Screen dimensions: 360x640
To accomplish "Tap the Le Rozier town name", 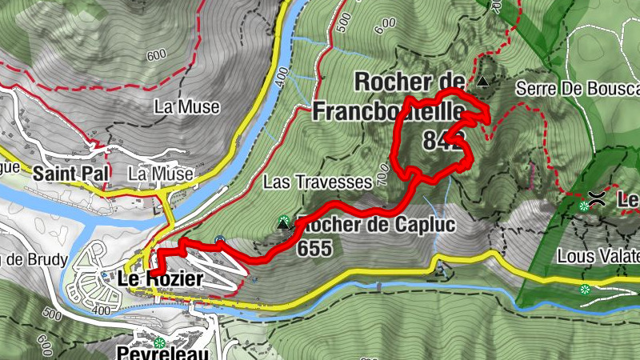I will (159, 279).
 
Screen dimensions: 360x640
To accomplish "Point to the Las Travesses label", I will (318, 182).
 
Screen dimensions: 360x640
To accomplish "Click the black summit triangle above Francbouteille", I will (482, 81).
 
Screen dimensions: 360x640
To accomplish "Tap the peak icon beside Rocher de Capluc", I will (282, 224).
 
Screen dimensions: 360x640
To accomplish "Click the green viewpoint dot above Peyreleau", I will (159, 343).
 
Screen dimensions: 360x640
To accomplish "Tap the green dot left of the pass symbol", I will (584, 206).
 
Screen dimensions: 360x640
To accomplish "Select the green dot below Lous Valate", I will (586, 289).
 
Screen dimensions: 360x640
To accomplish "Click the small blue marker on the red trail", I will (220, 238).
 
